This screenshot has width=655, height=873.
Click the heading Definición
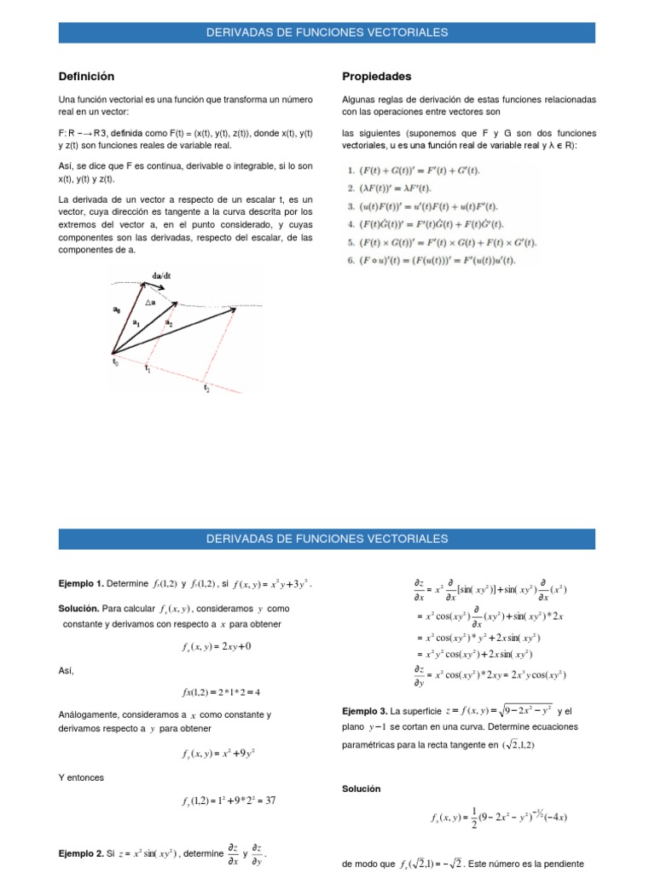[x=86, y=77]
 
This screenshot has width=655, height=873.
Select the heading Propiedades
[x=376, y=77]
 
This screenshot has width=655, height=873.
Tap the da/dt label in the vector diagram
[x=162, y=277]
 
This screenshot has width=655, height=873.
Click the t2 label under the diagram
[x=206, y=388]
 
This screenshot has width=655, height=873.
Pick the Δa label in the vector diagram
[x=150, y=304]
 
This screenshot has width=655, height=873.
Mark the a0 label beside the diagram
[x=116, y=310]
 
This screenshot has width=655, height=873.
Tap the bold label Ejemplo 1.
[x=81, y=583]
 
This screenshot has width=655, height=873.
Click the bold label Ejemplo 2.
[x=81, y=852]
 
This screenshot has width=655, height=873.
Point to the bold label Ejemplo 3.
[x=365, y=710]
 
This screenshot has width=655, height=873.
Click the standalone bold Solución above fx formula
[x=361, y=789]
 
